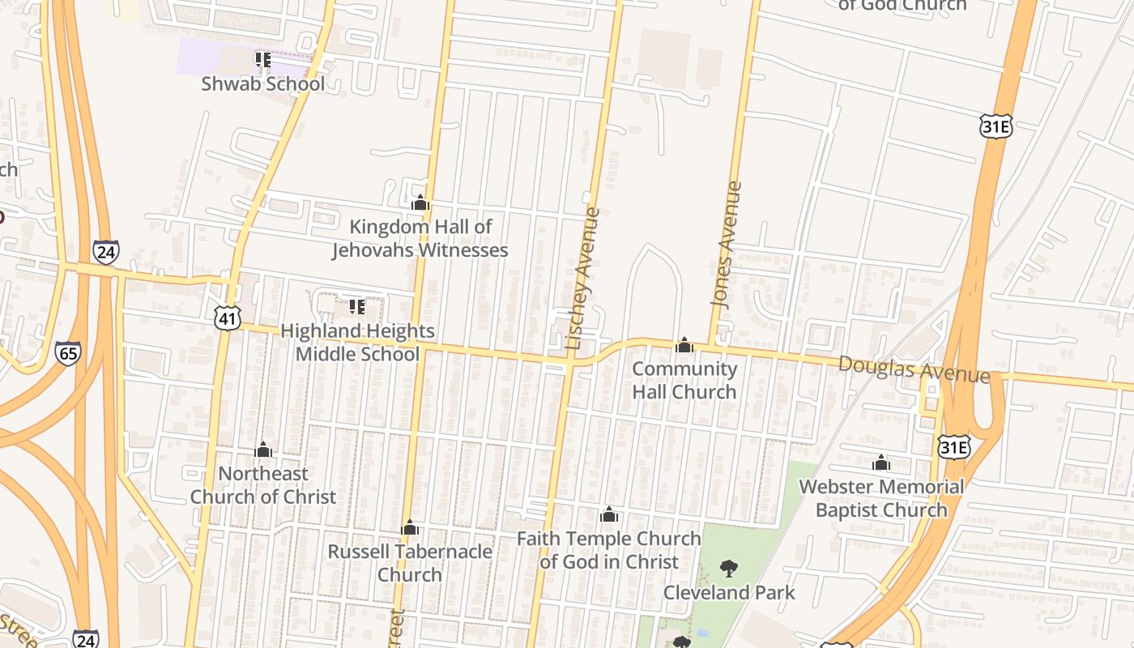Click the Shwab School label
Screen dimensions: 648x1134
(262, 83)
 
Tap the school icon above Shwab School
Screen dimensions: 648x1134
(262, 59)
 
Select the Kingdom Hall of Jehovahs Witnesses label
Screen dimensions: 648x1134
(420, 238)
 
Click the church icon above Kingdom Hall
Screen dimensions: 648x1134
(420, 202)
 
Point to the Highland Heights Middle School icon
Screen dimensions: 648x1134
(356, 307)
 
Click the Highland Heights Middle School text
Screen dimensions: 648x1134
(357, 342)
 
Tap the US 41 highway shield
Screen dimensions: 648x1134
(228, 318)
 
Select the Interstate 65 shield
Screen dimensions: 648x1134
(68, 352)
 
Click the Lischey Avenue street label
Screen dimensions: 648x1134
(583, 279)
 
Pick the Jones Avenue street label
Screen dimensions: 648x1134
(727, 243)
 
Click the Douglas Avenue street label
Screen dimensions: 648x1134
(914, 369)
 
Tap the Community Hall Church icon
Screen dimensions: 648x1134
(684, 346)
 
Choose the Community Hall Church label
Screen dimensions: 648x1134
(684, 380)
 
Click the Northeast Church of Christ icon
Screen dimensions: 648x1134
(263, 450)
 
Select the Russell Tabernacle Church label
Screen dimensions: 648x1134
(410, 563)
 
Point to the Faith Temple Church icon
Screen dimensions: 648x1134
(609, 514)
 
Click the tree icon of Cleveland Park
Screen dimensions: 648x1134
(729, 568)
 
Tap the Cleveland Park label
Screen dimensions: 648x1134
(729, 592)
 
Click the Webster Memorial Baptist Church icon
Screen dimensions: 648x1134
(881, 463)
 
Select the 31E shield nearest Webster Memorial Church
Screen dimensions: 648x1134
(953, 447)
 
